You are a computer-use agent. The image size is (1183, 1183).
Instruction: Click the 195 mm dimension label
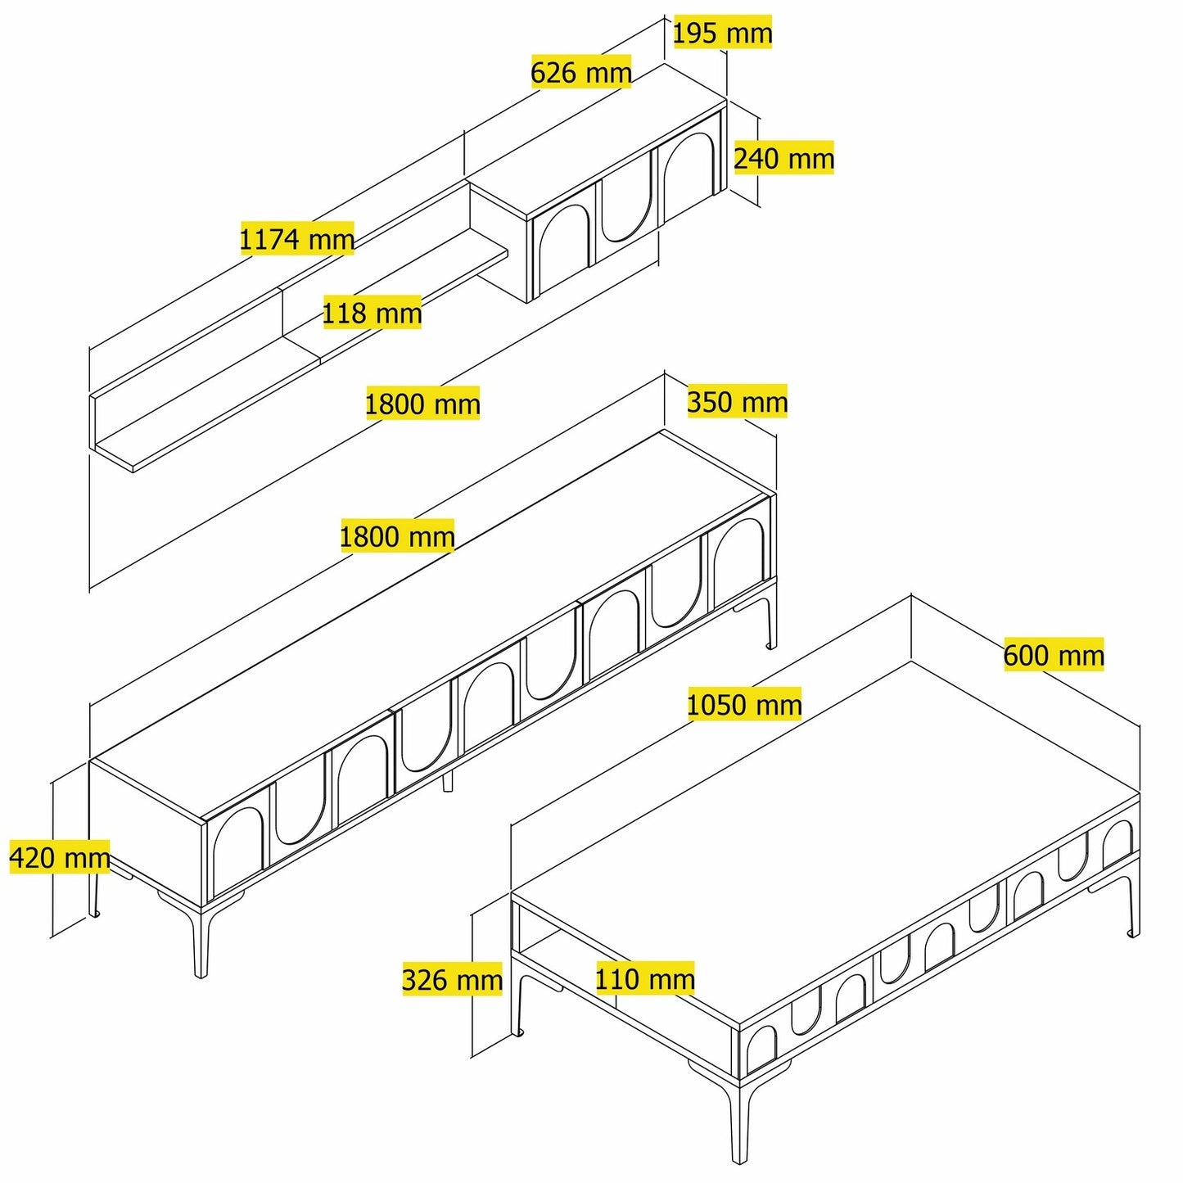click(x=723, y=33)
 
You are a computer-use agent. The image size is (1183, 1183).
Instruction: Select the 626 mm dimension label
click(x=580, y=72)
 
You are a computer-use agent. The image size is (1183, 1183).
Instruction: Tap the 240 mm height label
click(x=784, y=158)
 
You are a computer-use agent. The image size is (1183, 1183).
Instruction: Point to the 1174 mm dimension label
click(x=296, y=238)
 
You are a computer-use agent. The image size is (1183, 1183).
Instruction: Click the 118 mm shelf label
click(x=372, y=313)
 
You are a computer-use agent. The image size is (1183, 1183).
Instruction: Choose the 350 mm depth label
click(x=737, y=401)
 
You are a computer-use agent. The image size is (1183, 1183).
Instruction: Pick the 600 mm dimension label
click(x=1054, y=654)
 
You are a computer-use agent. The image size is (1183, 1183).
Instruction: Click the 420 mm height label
click(x=60, y=857)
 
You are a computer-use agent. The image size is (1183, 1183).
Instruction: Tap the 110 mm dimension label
click(x=644, y=978)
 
